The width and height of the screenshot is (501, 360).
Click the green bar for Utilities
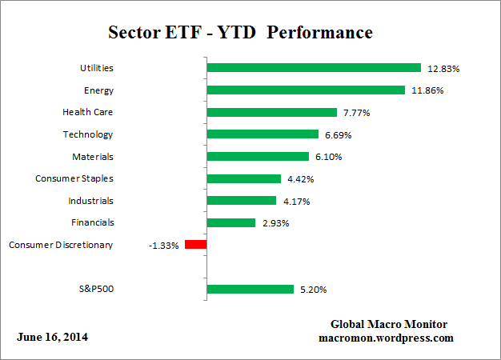[314, 68]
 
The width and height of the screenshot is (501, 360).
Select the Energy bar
[306, 90]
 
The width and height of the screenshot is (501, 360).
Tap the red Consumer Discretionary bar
[195, 245]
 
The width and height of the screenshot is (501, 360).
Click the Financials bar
[231, 222]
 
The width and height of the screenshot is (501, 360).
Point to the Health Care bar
[272, 113]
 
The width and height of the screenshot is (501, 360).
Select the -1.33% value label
[164, 245]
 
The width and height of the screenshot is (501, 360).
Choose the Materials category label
[90, 157]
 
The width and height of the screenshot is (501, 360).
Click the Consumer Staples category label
[74, 178]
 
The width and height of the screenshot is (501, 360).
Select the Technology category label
[88, 134]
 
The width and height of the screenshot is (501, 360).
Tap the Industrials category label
[90, 201]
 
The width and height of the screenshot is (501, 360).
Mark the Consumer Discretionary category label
[61, 245]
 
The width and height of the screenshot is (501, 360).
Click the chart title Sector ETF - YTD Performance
[240, 33]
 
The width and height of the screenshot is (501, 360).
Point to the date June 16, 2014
[53, 337]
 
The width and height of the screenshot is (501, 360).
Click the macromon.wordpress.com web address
[386, 338]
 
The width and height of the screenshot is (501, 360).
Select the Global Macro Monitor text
[389, 324]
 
